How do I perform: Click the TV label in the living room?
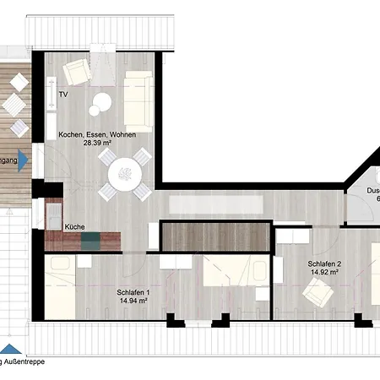(x=63, y=95)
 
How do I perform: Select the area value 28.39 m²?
(x=98, y=144)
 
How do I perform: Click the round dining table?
(x=124, y=176)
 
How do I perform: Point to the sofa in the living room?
(x=138, y=95)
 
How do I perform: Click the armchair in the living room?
(x=77, y=74)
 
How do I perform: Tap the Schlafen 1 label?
(x=133, y=291)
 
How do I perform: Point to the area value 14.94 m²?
(x=133, y=301)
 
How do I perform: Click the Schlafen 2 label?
(x=323, y=263)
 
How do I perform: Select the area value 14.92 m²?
(x=323, y=273)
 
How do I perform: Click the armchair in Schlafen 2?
(x=318, y=295)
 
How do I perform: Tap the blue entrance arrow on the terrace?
(x=24, y=160)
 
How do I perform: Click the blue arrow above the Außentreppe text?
(x=9, y=350)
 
